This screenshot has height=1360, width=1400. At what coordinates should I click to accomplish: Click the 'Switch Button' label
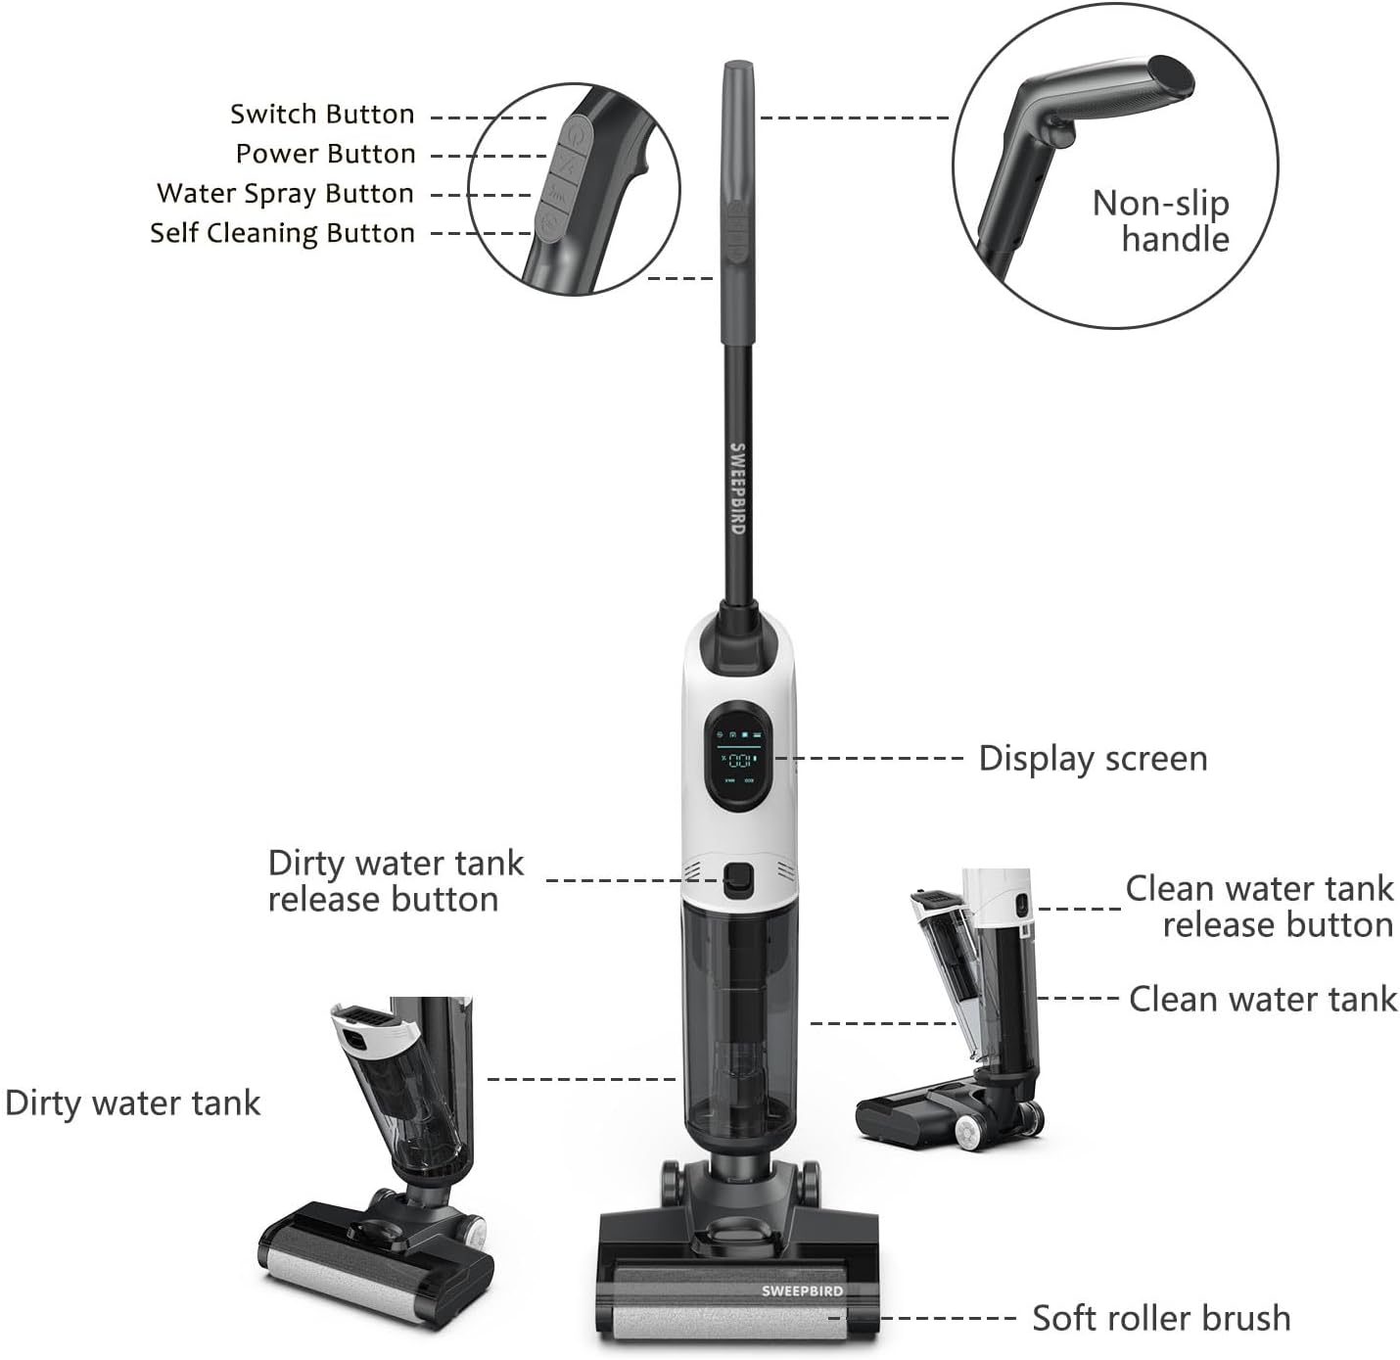pyautogui.click(x=322, y=115)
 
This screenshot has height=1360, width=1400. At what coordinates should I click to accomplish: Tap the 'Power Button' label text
pyautogui.click(x=326, y=154)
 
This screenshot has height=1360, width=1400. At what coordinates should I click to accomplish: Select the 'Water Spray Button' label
pyautogui.click(x=286, y=194)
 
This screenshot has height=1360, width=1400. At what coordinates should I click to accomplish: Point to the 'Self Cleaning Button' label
pyautogui.click(x=283, y=233)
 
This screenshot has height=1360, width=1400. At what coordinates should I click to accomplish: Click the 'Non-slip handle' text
pyautogui.click(x=1161, y=221)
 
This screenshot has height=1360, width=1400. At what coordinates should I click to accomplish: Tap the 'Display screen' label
pyautogui.click(x=1093, y=759)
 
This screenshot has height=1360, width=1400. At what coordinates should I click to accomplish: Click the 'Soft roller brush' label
pyautogui.click(x=1161, y=1318)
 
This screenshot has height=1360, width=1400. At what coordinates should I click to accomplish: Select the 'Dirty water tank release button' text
pyautogui.click(x=396, y=881)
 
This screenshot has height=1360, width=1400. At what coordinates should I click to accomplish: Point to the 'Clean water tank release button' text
pyautogui.click(x=1260, y=907)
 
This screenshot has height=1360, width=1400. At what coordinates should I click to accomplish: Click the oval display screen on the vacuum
pyautogui.click(x=739, y=756)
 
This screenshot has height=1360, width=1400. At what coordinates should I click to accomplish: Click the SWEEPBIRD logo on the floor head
pyautogui.click(x=802, y=1291)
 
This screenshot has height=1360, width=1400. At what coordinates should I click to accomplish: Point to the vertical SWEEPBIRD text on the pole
pyautogui.click(x=737, y=489)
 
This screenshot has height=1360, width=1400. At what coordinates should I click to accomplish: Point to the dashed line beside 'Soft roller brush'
pyautogui.click(x=949, y=1319)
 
